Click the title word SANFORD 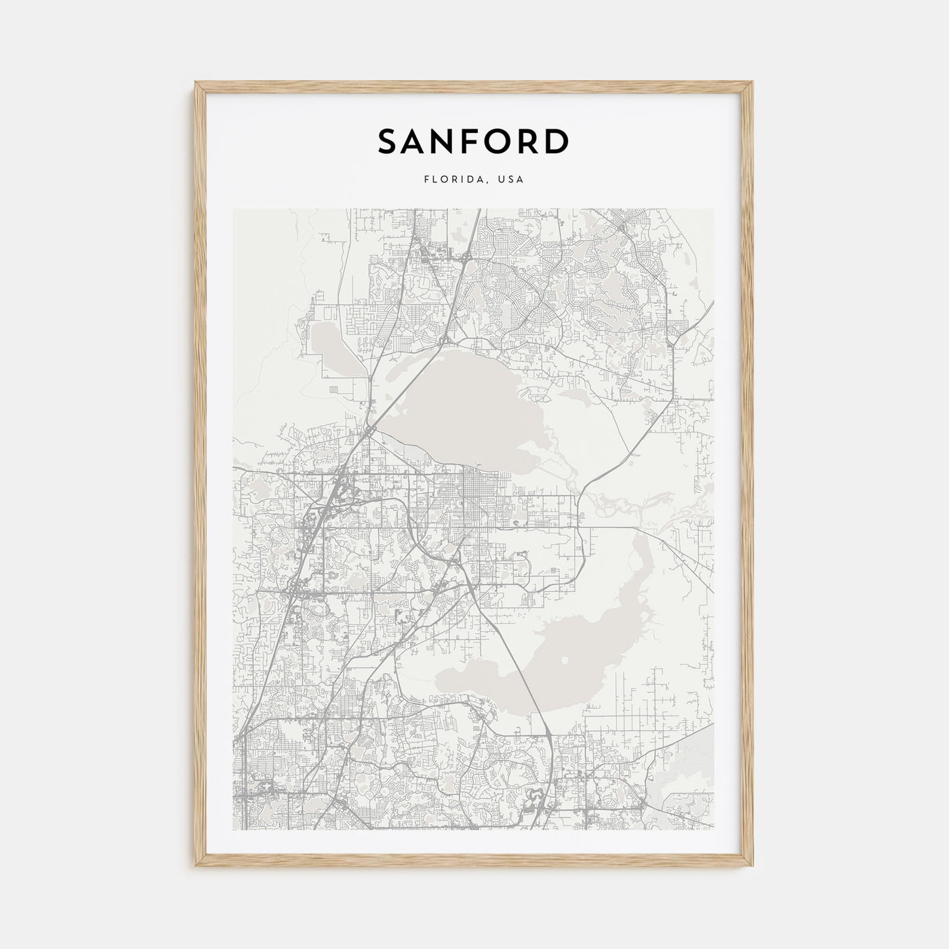(x=473, y=141)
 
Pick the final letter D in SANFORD (x=558, y=141)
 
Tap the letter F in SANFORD (x=470, y=141)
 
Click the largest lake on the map (x=461, y=407)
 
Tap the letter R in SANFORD (x=527, y=141)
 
